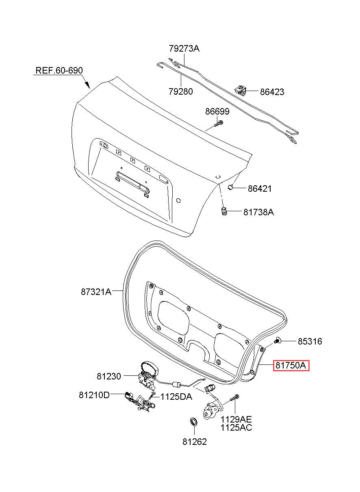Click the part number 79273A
click(x=184, y=48)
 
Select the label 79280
click(x=180, y=91)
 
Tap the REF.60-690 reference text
click(x=59, y=70)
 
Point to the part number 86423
click(x=272, y=92)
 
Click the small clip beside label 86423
click(x=240, y=90)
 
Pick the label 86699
click(x=217, y=111)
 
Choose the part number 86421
click(x=260, y=189)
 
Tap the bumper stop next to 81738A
click(x=223, y=211)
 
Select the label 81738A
click(x=258, y=212)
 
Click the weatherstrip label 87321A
click(x=96, y=292)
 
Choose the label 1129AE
click(x=236, y=419)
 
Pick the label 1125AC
click(x=236, y=428)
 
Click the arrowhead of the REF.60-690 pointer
click(x=88, y=85)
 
